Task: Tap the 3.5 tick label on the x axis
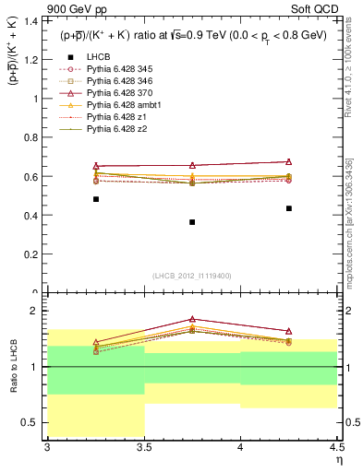point(144,449)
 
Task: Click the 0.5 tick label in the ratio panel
point(32,422)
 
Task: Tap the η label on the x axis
point(337,461)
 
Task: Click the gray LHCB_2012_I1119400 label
point(191,276)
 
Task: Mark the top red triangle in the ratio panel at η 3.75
point(192,319)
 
